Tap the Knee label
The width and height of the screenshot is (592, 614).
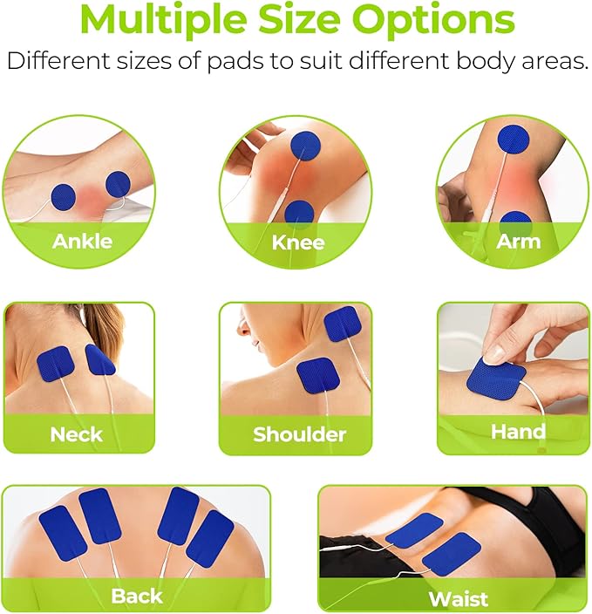pyautogui.click(x=297, y=242)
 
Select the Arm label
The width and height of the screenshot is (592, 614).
pyautogui.click(x=518, y=241)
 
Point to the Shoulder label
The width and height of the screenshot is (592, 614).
pyautogui.click(x=299, y=434)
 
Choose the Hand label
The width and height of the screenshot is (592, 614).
pyautogui.click(x=518, y=431)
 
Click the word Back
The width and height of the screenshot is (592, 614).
pyautogui.click(x=136, y=596)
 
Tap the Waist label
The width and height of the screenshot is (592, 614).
pyautogui.click(x=458, y=598)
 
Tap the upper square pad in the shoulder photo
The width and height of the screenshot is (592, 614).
pyautogui.click(x=342, y=323)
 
